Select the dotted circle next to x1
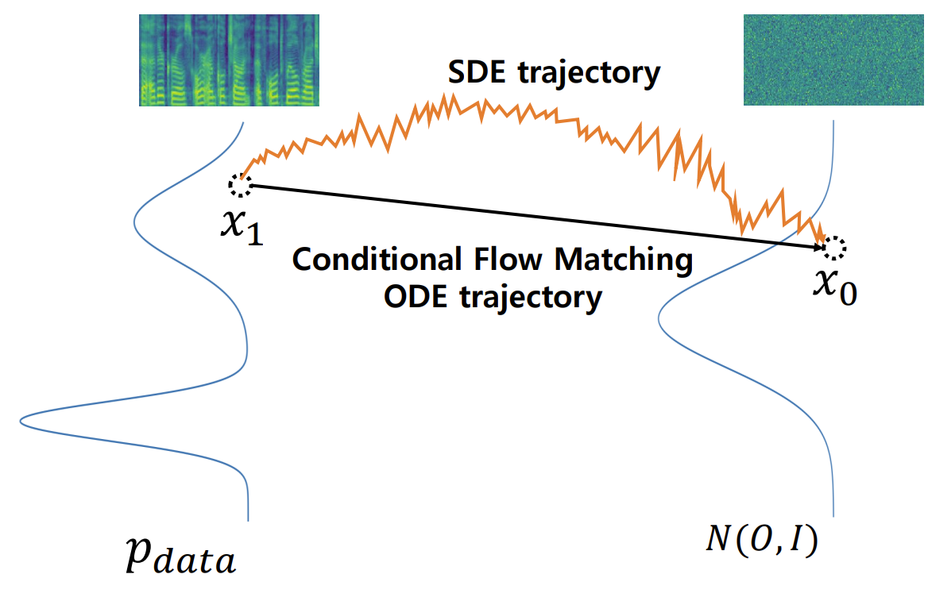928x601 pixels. point(239,185)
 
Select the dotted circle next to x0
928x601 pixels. point(834,248)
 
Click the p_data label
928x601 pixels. point(180,557)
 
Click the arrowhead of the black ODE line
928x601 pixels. point(818,248)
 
